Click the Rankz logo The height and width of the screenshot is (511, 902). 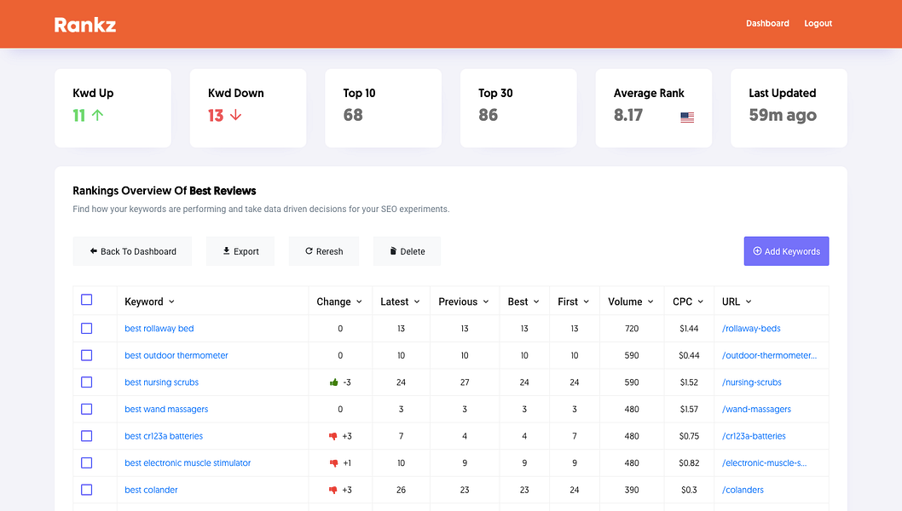(85, 25)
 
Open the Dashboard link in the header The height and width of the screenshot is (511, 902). (767, 24)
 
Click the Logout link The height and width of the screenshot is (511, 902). (818, 24)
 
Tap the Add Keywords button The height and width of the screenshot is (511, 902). (786, 251)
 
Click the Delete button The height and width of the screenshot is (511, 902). (407, 251)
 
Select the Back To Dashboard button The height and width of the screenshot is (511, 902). (132, 251)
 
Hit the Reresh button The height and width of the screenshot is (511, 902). (324, 251)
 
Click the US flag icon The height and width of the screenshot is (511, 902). (687, 118)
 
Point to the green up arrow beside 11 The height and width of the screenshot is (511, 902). (97, 115)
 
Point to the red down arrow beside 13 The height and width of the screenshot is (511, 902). (236, 115)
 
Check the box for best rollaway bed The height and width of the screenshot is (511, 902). (86, 328)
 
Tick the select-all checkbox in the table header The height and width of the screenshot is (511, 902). (86, 300)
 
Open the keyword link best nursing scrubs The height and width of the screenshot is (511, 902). (161, 382)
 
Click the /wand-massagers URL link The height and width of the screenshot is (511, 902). (756, 409)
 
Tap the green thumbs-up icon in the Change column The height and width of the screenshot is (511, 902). (334, 382)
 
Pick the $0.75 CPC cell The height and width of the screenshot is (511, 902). (689, 436)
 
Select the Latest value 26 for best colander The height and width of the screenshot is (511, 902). (401, 490)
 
